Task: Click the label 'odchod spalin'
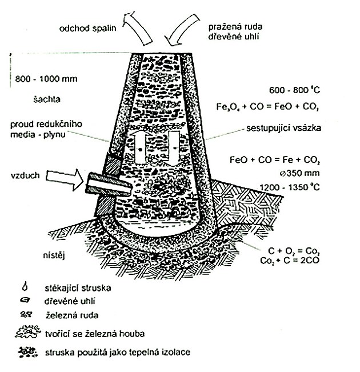coord(87,29)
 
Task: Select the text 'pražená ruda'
coord(235,26)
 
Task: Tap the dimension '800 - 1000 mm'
coord(46,79)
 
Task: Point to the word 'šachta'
coord(47,99)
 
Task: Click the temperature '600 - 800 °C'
coord(294,90)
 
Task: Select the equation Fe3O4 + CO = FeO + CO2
coord(267,106)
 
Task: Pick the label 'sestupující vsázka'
coord(283,128)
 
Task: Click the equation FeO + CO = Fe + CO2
coord(274,159)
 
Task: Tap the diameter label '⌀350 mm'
coord(300,173)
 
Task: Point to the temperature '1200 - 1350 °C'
coord(290,187)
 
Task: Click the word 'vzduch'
coord(25,175)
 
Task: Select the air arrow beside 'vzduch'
coord(65,179)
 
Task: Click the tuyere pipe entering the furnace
coord(109,185)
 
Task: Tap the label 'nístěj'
coord(54,256)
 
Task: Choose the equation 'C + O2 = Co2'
coord(294,251)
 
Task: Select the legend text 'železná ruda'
coord(71,315)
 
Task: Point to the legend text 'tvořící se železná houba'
coord(95,334)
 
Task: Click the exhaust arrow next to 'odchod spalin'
coord(137,28)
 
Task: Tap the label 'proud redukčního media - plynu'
coord(46,129)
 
